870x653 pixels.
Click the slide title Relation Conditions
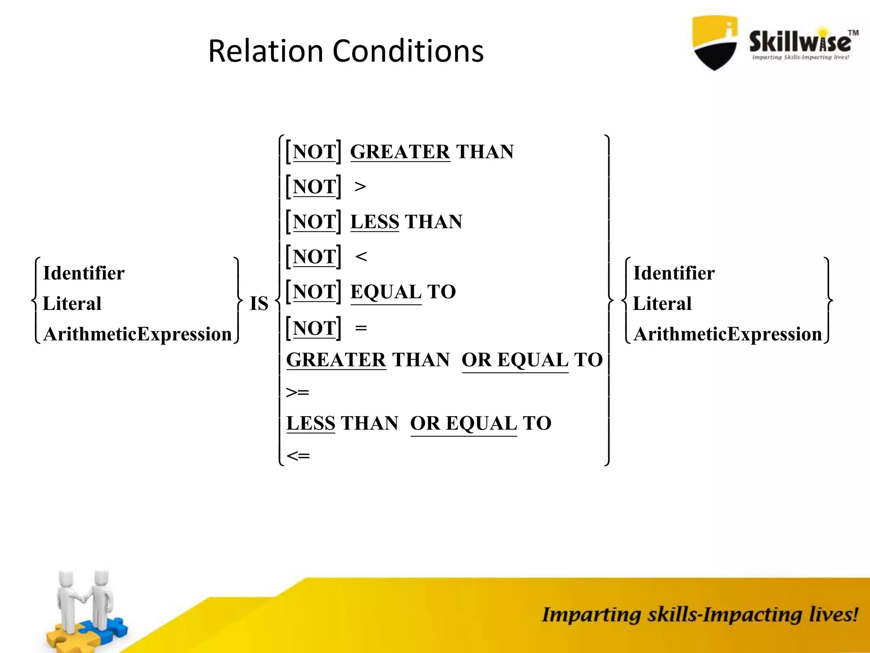pos(346,51)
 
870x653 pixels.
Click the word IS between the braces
pos(259,304)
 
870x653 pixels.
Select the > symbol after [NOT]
pos(360,187)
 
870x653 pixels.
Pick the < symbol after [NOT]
pos(361,256)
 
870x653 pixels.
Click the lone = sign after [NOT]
pos(361,328)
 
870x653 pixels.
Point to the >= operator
pos(297,392)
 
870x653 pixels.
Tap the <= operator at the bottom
pos(298,456)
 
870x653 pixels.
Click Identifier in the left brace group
pos(84,273)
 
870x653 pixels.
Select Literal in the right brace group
pos(662,304)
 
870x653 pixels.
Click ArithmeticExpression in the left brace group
pos(137,334)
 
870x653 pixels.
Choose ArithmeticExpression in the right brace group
pos(727,334)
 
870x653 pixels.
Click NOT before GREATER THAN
pos(314,152)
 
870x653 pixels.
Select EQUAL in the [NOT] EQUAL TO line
pos(386,292)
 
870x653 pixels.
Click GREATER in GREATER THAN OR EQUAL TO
pos(336,360)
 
